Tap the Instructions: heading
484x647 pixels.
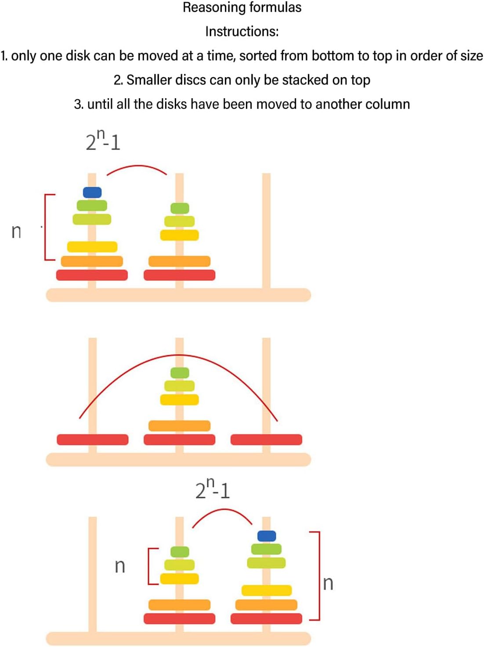[242, 32]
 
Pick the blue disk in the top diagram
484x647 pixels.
[92, 192]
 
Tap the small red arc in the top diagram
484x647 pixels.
[137, 167]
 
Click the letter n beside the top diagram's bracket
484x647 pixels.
[16, 231]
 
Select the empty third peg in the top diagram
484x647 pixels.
[267, 219]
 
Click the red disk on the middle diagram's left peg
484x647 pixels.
[92, 440]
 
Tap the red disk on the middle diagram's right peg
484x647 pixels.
[266, 440]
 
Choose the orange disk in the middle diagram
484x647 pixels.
[179, 425]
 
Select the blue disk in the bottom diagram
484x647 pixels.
[267, 536]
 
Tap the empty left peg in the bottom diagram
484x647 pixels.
[92, 570]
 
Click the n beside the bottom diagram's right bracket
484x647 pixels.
[328, 583]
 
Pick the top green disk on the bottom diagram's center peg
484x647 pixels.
[180, 552]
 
